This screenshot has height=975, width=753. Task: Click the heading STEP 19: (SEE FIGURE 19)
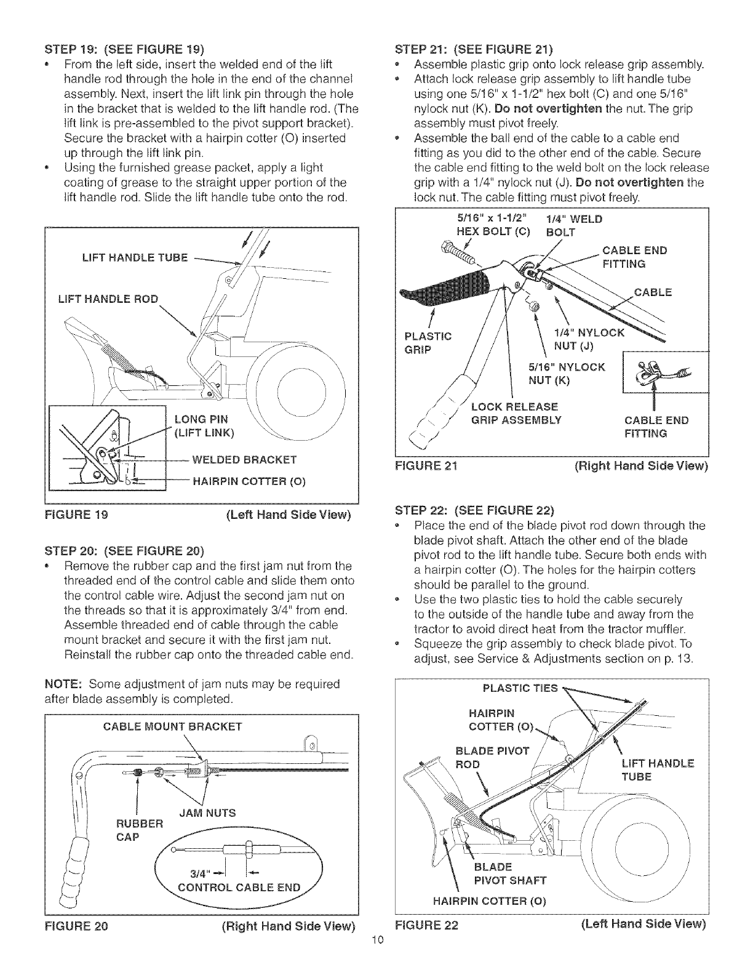click(121, 49)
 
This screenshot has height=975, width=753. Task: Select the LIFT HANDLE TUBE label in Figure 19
click(135, 257)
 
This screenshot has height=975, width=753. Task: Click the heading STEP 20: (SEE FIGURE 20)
click(121, 550)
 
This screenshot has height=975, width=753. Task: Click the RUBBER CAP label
click(139, 830)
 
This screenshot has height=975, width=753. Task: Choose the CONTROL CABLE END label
click(239, 887)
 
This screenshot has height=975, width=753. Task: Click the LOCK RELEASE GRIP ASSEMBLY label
click(516, 413)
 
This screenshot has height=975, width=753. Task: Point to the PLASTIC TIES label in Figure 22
click(520, 688)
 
